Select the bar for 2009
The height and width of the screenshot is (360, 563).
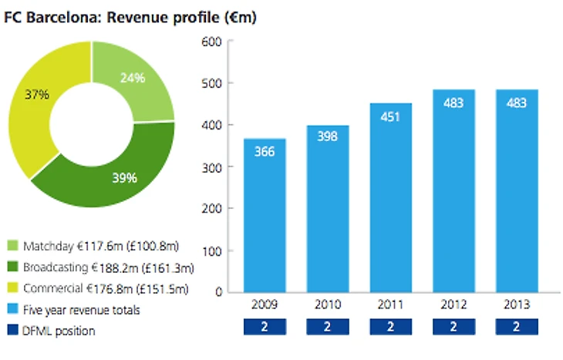(x=265, y=216)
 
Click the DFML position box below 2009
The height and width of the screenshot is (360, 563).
(x=265, y=328)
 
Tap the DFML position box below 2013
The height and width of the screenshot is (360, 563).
(x=517, y=328)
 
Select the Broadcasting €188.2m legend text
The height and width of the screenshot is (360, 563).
(x=108, y=268)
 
